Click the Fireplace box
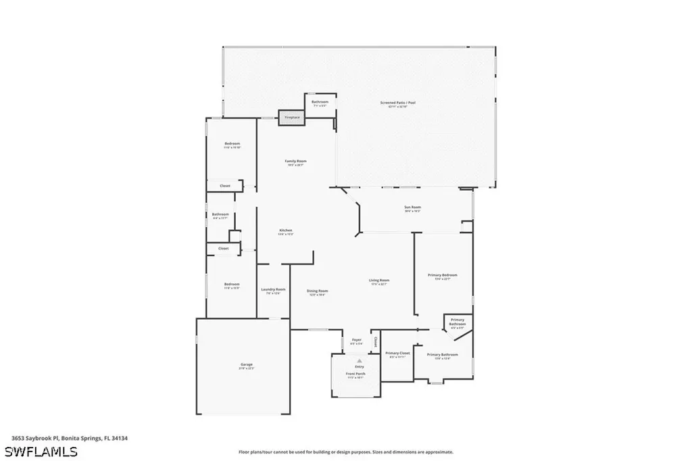(x=292, y=117)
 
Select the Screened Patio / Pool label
(x=397, y=104)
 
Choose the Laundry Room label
(x=273, y=291)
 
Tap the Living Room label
(x=378, y=282)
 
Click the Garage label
(x=246, y=366)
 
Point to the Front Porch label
(x=355, y=375)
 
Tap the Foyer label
(x=356, y=341)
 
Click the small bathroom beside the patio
(x=320, y=103)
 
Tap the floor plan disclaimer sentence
(x=345, y=452)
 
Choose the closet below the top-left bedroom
(x=224, y=186)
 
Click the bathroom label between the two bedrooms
(x=220, y=216)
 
